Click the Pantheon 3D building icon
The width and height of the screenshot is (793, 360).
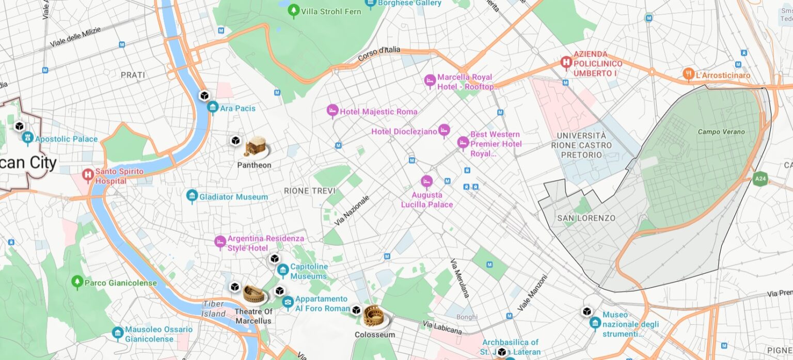coord(256,148)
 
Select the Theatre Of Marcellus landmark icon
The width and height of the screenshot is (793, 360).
coord(255,295)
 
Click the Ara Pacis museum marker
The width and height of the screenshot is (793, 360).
coord(213,107)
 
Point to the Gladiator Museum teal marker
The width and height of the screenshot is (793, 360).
coord(192,196)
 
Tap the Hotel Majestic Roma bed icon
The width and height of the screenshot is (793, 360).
coord(332,111)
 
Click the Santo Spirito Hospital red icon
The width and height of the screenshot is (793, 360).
coord(88,175)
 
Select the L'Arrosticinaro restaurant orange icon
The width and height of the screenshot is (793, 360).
coord(688,74)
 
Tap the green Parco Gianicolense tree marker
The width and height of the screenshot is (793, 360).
coord(77,282)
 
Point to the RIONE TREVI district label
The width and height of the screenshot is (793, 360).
coord(310,191)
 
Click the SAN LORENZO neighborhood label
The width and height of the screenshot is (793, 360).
coord(586,218)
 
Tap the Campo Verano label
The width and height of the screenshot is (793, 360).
coord(721,132)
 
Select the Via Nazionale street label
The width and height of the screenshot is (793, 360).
coord(352,210)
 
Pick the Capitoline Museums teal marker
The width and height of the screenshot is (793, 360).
coord(282,270)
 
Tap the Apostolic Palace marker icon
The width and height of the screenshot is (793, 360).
coord(28,138)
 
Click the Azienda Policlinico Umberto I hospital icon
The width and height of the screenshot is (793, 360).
coord(566,64)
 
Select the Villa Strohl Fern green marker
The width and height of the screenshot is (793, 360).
coord(294,10)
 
